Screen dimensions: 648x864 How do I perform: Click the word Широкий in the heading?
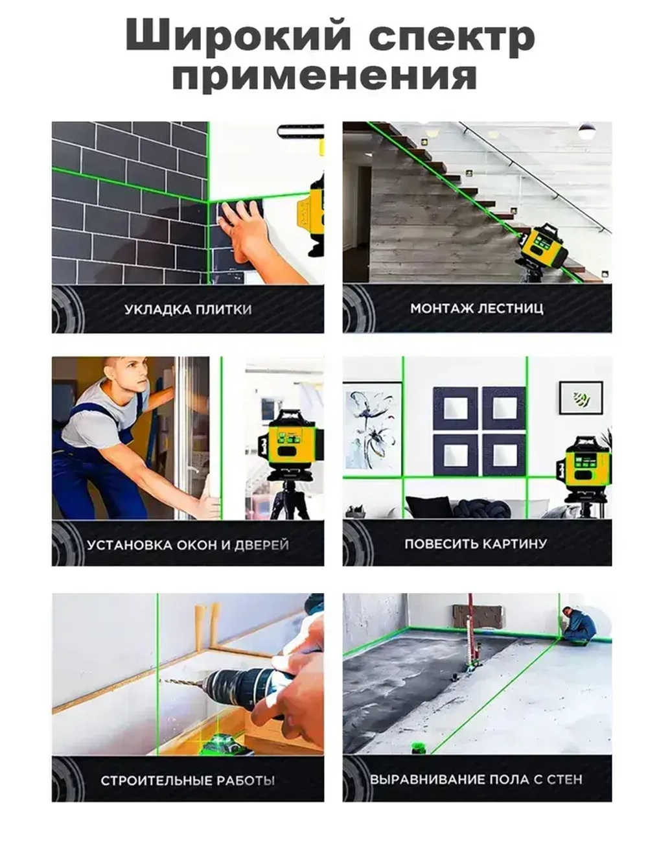[x=238, y=38]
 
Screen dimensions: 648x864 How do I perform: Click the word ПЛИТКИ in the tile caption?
[x=224, y=309]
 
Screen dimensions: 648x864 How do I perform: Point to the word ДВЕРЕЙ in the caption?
[x=262, y=544]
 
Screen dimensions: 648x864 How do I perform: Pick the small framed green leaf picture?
[x=581, y=397]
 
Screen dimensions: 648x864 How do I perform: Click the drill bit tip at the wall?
[x=161, y=679]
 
